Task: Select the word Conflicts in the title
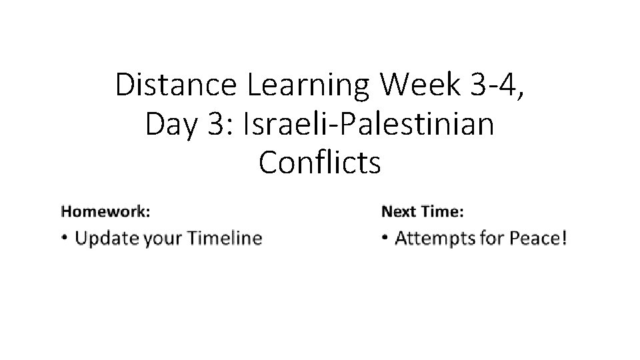pos(320,162)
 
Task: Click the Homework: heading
pos(105,212)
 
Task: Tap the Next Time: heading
pos(423,212)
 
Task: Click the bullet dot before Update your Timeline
pos(64,238)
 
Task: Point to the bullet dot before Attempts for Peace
pos(385,238)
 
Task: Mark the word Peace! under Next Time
pos(539,238)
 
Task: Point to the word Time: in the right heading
pos(443,212)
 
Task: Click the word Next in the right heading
pos(398,212)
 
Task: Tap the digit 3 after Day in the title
pos(215,124)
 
